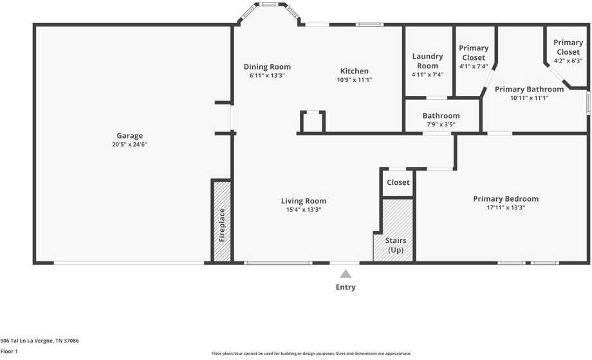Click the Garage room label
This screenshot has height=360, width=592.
tap(129, 136)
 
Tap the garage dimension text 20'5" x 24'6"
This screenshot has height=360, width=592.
tap(129, 144)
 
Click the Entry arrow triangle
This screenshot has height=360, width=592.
tap(346, 274)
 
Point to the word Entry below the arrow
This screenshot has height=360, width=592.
tap(346, 287)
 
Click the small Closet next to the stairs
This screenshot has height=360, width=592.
tap(398, 182)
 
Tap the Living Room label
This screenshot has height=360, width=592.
tap(304, 201)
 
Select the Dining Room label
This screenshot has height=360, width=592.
tap(267, 67)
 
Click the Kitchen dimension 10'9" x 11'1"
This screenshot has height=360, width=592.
tap(355, 80)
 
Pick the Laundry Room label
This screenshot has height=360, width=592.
tap(427, 61)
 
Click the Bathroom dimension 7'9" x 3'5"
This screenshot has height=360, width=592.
tap(441, 124)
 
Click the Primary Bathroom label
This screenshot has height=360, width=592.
tap(529, 90)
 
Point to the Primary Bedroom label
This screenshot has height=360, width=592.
tap(506, 199)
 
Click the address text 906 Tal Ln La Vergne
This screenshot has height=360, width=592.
tap(39, 341)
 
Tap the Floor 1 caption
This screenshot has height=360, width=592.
tap(9, 352)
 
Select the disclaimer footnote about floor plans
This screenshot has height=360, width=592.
tap(311, 354)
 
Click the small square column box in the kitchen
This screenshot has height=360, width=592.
tap(313, 122)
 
